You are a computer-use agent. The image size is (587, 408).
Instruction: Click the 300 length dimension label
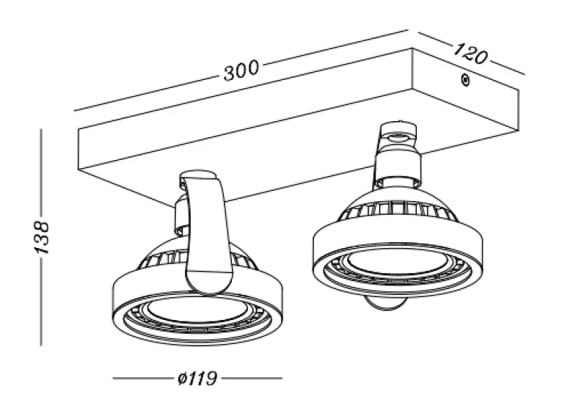tap(241, 70)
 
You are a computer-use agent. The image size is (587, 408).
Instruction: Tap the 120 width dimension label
tap(470, 53)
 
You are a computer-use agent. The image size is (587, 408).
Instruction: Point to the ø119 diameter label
tap(197, 379)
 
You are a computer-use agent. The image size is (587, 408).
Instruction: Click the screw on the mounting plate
tap(464, 80)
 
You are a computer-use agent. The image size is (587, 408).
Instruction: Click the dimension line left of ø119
tap(139, 379)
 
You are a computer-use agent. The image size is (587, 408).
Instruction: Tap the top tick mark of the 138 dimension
tap(42, 131)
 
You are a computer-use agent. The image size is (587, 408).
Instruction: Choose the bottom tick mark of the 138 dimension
tap(42, 343)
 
